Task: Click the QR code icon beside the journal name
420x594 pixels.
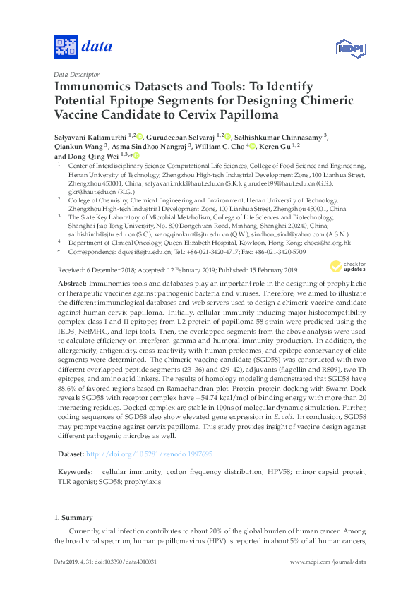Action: click(x=66, y=47)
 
